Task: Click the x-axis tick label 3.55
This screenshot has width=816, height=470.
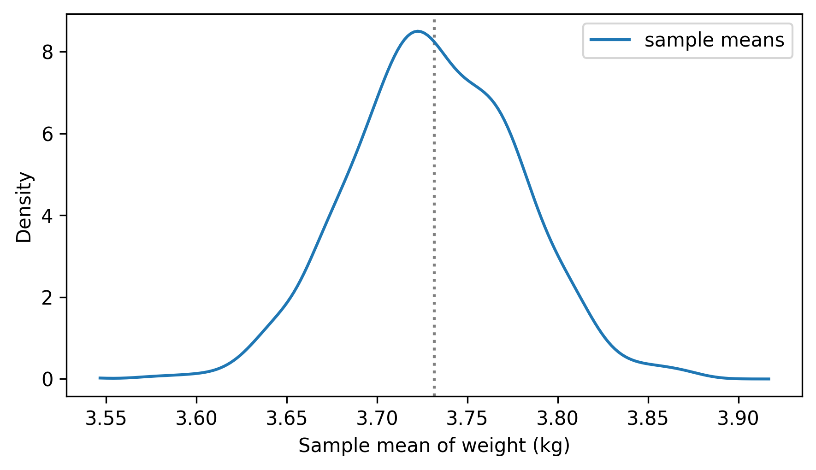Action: coord(106,419)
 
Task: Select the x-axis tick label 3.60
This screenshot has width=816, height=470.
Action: coord(196,419)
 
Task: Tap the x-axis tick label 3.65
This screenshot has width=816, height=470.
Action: coord(287,419)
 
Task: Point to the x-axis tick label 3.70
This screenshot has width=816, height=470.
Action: coord(377,419)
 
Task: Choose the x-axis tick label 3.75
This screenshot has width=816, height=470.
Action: coord(467,419)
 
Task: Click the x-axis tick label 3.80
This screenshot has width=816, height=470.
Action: coord(558,419)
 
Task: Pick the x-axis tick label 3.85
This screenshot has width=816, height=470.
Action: coord(648,419)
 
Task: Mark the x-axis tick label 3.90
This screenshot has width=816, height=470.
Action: coord(739,419)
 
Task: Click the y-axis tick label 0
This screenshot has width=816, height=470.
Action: coord(48,379)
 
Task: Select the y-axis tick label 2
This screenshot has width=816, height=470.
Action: coord(48,298)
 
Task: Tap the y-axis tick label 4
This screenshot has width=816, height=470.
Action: coord(48,216)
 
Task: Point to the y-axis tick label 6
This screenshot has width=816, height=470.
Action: coord(48,134)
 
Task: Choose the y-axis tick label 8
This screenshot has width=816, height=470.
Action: coord(48,53)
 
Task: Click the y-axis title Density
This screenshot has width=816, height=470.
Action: coord(24,207)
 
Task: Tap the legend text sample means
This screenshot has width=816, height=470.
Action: coord(714,41)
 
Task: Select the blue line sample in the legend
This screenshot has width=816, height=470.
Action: coord(610,41)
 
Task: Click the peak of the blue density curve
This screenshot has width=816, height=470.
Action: coord(418,31)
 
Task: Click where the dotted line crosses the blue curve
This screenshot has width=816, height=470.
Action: coord(434,41)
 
